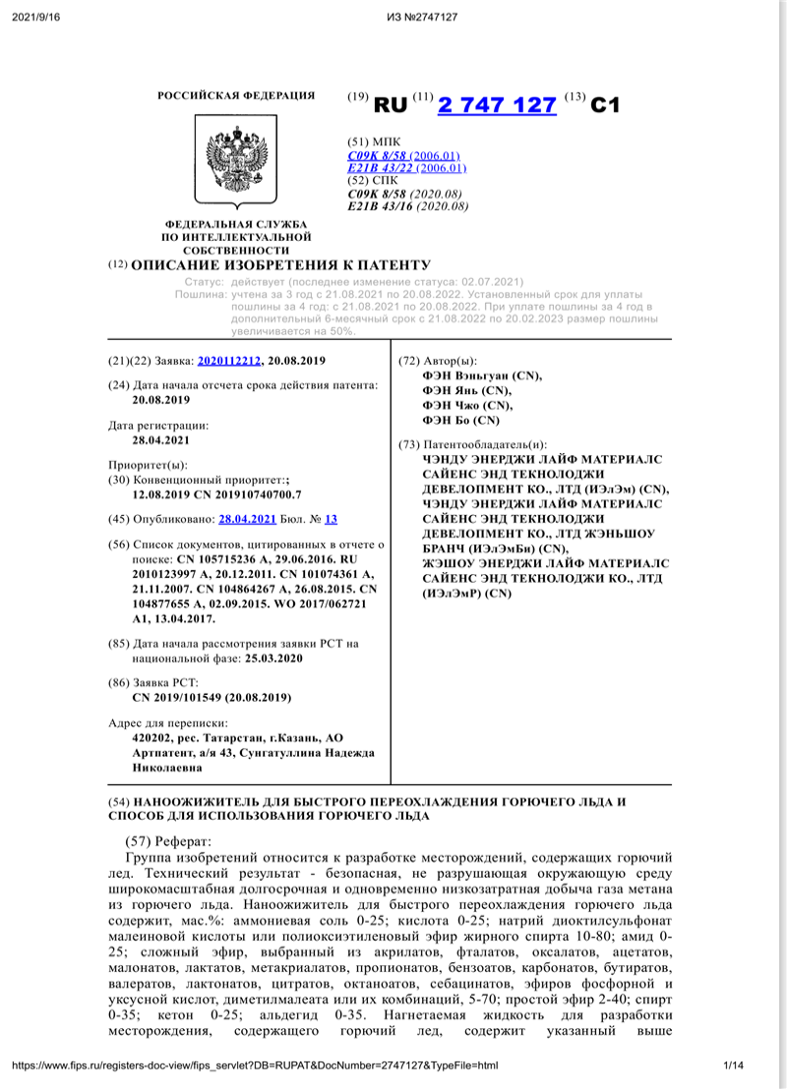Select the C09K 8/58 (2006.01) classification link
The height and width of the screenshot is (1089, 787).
pyautogui.click(x=403, y=156)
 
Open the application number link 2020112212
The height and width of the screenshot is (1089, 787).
pyautogui.click(x=229, y=362)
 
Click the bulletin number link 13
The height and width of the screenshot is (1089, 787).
pyautogui.click(x=331, y=519)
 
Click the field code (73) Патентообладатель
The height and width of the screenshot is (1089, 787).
pyautogui.click(x=472, y=444)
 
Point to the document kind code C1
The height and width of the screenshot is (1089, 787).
pyautogui.click(x=605, y=105)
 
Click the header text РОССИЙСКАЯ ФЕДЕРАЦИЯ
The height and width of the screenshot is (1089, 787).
pyautogui.click(x=236, y=95)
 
